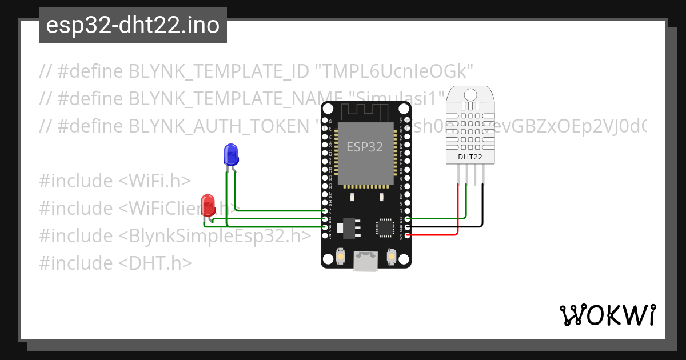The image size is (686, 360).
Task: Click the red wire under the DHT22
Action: (458, 211)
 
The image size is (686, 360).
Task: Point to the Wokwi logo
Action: (607, 315)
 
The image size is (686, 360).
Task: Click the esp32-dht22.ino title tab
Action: (133, 26)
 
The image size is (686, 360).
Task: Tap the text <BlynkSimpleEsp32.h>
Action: (215, 236)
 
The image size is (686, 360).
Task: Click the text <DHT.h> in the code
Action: (155, 263)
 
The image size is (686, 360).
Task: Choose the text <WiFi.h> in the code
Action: (154, 181)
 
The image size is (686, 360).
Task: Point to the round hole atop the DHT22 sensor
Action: (470, 93)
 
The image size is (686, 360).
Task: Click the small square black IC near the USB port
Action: (384, 227)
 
